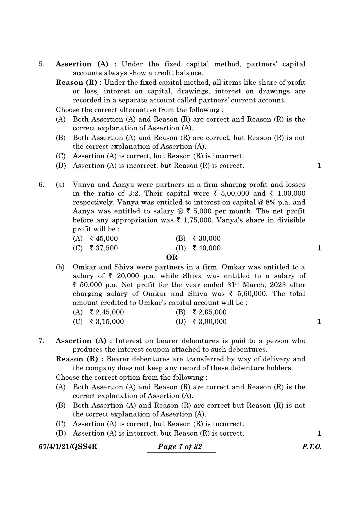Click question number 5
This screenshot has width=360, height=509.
tap(41, 64)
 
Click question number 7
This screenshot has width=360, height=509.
tap(41, 341)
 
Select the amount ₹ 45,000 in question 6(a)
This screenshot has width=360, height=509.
tap(104, 239)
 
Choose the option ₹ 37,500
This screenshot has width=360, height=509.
tap(104, 248)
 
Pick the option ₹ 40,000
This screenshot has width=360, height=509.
tap(206, 248)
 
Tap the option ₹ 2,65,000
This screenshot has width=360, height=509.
tap(209, 312)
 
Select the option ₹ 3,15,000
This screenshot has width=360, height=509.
tap(106, 322)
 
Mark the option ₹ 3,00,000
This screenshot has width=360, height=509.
tap(209, 322)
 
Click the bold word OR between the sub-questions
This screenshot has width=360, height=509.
tap(172, 257)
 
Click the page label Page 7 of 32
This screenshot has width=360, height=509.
tap(180, 446)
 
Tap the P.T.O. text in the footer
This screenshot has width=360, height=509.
tap(312, 446)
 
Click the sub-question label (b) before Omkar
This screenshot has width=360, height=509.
tap(60, 267)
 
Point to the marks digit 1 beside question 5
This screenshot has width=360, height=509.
tap(319, 166)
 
